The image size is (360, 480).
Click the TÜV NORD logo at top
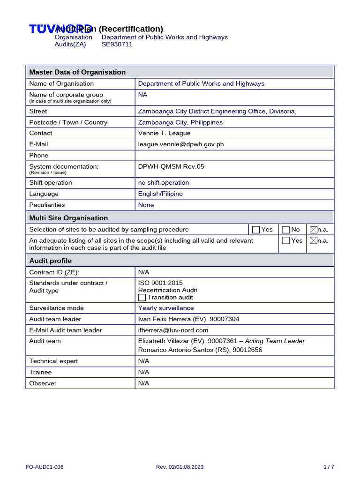point(60,29)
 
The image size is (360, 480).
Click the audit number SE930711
point(117,45)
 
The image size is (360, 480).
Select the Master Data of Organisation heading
point(77,72)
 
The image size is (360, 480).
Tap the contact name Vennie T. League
point(164,133)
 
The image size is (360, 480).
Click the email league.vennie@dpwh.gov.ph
point(180,144)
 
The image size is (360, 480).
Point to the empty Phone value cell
point(234,155)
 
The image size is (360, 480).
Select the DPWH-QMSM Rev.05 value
point(171,166)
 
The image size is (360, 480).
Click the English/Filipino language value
point(160,194)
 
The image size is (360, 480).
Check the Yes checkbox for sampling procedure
point(256,230)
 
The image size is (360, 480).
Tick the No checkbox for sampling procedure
point(285,230)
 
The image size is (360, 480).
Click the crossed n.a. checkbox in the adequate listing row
point(314,240)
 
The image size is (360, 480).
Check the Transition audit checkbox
point(142,297)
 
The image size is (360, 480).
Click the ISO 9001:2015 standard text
point(160,283)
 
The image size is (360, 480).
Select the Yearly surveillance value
point(165,308)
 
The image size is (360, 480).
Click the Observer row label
point(43,383)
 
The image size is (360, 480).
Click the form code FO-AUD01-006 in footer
point(45,467)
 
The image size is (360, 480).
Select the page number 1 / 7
point(329,467)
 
